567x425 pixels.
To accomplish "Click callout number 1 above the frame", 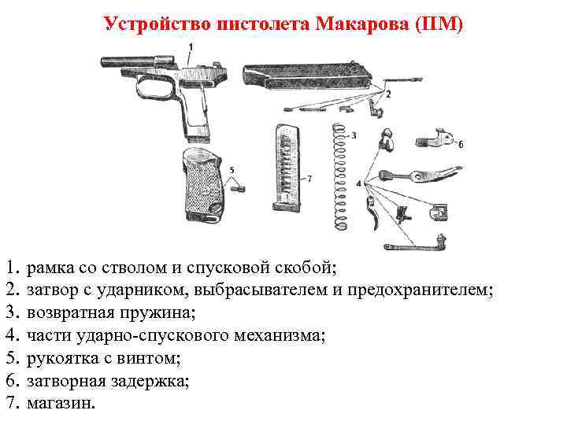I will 190,47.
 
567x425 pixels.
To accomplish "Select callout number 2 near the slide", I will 387,93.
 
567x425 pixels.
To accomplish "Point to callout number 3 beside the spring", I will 354,135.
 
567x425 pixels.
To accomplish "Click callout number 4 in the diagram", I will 359,183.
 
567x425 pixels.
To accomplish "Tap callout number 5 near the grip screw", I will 232,168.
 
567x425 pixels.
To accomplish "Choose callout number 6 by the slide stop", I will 460,144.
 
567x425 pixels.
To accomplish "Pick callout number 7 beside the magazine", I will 309,179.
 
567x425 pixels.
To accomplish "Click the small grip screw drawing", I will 239,187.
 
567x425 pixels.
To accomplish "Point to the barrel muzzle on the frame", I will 106,59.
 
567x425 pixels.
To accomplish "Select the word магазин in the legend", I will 58,403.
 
